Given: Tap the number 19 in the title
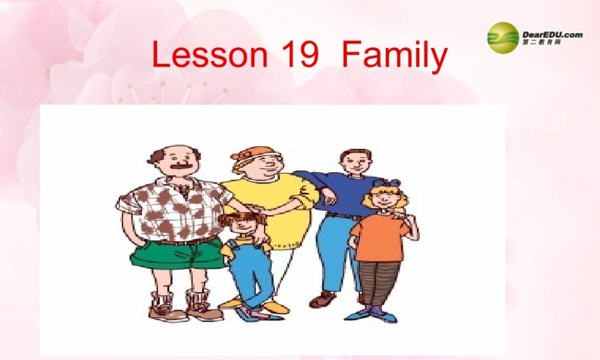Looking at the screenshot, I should coord(299,55).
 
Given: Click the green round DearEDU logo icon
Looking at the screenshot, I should coord(503,38).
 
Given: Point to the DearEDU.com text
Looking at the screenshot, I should coord(553,35).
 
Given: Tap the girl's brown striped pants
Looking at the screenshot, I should coord(379,282).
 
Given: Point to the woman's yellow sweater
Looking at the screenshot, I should coord(282,204).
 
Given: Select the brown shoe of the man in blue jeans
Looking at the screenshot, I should coord(322,299).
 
